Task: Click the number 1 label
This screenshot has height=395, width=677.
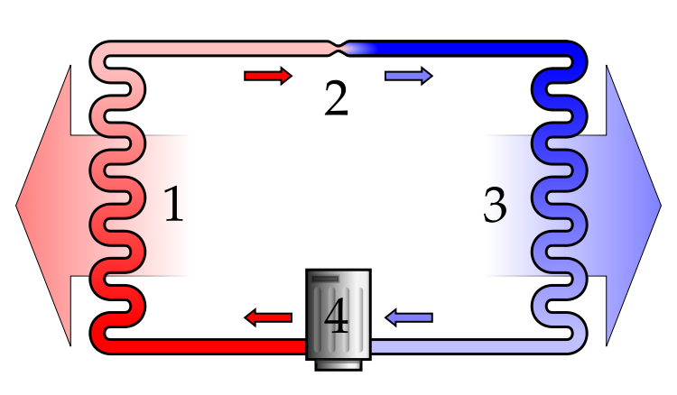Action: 172,206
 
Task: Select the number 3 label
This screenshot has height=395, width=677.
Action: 496,206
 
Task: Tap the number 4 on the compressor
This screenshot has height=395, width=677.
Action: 337,317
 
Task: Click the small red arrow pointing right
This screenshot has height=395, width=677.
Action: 267,76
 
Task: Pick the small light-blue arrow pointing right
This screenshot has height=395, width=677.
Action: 408,76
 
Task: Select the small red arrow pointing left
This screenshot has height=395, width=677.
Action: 268,317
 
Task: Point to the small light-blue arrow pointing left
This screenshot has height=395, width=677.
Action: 409,317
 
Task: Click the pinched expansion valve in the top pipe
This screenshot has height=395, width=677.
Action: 338,48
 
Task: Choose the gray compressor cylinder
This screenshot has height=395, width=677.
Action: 338,314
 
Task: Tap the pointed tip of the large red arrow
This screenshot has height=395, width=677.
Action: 18,206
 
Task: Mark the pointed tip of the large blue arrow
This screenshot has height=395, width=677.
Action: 659,206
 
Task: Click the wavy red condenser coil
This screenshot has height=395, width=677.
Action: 117,198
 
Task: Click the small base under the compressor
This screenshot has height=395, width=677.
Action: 338,364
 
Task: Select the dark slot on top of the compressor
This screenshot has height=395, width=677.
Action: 325,279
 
